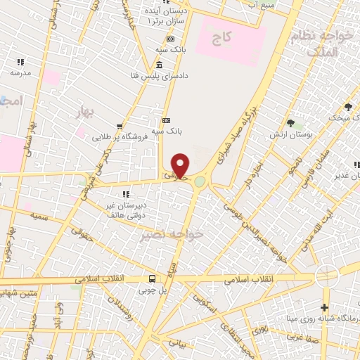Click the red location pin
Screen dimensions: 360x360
(x=181, y=166)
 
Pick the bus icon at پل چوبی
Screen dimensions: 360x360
(x=152, y=278)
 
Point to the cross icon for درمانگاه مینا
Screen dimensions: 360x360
(x=323, y=307)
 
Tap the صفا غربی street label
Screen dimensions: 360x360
(x=330, y=334)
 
